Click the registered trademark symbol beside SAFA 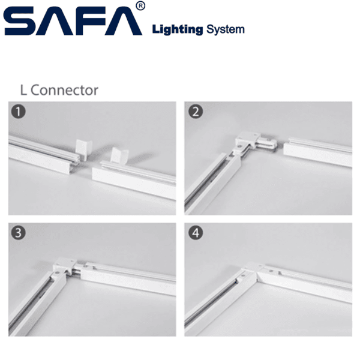point(140,6)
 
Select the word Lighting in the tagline point(178,30)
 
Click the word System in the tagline point(226,30)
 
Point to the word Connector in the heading point(64,90)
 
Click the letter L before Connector point(23,90)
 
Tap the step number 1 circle point(18,112)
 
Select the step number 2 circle point(196,112)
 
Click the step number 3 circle point(18,233)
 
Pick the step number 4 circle point(196,233)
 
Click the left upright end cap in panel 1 point(83,149)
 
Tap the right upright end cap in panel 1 point(119,156)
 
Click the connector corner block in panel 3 point(65,265)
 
